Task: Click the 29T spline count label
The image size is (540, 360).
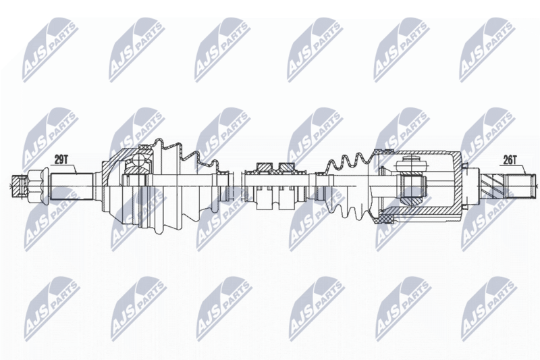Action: pos(61,159)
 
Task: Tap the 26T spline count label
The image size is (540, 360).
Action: pos(510,159)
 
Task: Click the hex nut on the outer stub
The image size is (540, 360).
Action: pos(36,186)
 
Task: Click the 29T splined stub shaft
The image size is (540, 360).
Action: pos(72,186)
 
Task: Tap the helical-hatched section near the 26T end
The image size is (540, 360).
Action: pos(493,186)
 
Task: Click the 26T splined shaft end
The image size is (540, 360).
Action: pos(520,186)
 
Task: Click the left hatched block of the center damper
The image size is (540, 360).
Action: pos(264,167)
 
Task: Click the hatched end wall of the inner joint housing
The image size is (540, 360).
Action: pos(458,186)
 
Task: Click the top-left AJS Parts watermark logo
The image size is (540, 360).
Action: pos(51,50)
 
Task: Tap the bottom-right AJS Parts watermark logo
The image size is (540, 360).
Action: pos(489,309)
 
